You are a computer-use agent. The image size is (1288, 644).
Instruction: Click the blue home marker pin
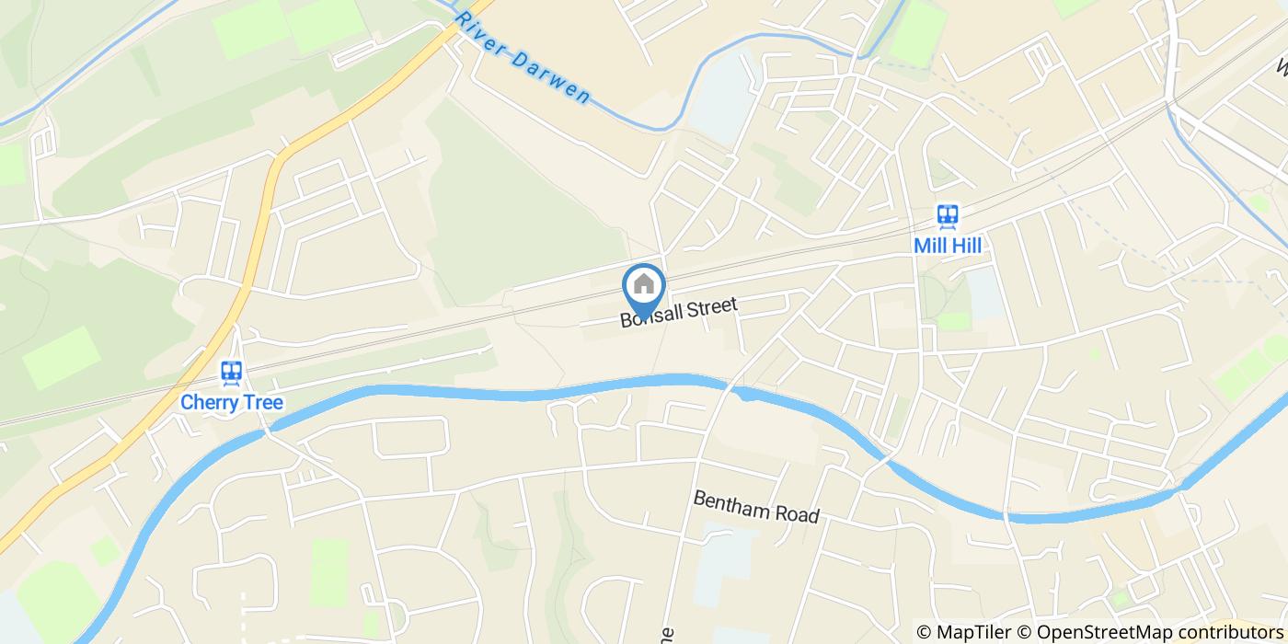643,287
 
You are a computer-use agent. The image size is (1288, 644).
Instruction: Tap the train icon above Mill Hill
947,216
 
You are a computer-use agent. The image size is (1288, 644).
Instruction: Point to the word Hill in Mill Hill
966,246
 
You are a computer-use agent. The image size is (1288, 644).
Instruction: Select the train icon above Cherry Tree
231,373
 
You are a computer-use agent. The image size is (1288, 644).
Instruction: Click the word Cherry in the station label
209,402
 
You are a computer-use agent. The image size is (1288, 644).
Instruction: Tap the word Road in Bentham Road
798,513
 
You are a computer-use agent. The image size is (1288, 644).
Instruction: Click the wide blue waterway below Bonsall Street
552,391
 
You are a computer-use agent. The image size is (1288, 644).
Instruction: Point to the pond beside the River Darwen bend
722,97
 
